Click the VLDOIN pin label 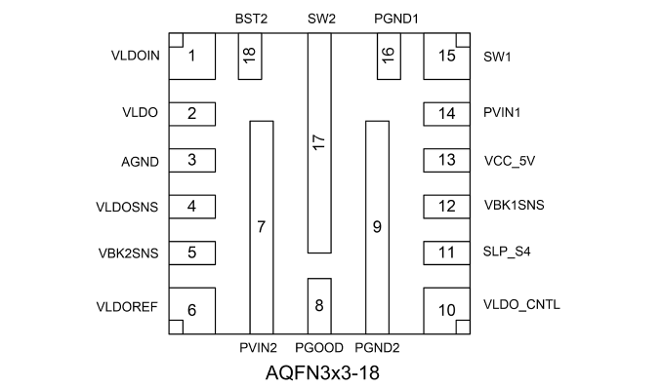click(136, 56)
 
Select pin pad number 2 click(192, 114)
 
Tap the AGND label click(140, 162)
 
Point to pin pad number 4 click(192, 207)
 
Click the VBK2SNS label click(128, 253)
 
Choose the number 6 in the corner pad click(191, 310)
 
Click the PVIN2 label click(258, 348)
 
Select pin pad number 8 click(319, 306)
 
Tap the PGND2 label click(377, 348)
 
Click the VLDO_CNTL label click(521, 305)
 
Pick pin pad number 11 click(446, 253)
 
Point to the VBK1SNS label click(515, 205)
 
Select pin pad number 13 click(446, 160)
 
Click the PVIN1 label click(502, 113)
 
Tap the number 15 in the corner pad click(446, 56)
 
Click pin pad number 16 click(389, 57)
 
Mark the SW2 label click(321, 19)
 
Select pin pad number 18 click(250, 57)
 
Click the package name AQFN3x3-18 click(322, 372)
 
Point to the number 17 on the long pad click(319, 142)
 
